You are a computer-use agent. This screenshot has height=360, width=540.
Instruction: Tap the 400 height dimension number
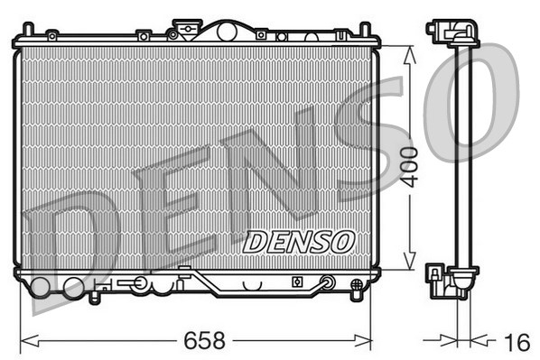(410, 165)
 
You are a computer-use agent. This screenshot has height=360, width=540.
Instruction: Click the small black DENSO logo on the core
(298, 241)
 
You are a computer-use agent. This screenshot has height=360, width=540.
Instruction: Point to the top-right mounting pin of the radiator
(365, 29)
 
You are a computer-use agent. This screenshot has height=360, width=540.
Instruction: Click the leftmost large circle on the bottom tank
(42, 289)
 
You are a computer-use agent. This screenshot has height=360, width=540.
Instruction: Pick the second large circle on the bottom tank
(72, 289)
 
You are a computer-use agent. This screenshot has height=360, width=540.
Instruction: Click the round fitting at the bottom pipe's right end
(328, 283)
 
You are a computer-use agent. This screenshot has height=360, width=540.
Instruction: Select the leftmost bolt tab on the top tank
(52, 35)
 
